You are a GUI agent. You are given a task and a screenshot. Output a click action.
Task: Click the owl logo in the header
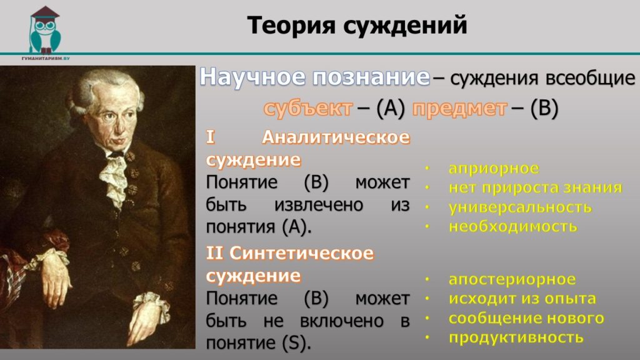pyautogui.click(x=45, y=30)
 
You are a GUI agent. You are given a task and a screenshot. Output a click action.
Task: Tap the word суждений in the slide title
pyautogui.click(x=405, y=25)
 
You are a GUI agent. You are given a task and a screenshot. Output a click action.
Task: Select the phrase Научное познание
pyautogui.click(x=315, y=77)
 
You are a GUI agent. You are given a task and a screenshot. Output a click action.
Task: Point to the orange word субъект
pyautogui.click(x=308, y=108)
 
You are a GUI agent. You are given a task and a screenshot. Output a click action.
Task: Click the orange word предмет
pyautogui.click(x=459, y=108)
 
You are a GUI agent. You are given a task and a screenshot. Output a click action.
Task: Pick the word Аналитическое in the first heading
pyautogui.click(x=336, y=137)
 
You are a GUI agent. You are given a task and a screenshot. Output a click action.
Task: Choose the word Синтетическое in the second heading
pyautogui.click(x=302, y=253)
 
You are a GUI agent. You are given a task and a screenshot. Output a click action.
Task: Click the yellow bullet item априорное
pyautogui.click(x=494, y=168)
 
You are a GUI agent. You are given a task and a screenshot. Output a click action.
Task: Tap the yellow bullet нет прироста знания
pyautogui.click(x=535, y=187)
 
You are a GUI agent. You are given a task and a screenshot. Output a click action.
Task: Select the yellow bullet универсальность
pyautogui.click(x=520, y=207)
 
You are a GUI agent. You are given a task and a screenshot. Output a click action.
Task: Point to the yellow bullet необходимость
pyautogui.click(x=513, y=226)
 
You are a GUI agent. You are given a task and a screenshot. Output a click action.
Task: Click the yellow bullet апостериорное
pyautogui.click(x=512, y=279)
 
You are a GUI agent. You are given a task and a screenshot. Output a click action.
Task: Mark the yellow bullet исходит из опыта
pyautogui.click(x=522, y=299)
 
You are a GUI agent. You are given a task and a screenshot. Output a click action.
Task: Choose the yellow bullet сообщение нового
pyautogui.click(x=526, y=318)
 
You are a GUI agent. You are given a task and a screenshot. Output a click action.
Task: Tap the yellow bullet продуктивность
pyautogui.click(x=516, y=337)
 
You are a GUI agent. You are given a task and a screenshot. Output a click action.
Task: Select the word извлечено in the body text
pyautogui.click(x=319, y=204)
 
